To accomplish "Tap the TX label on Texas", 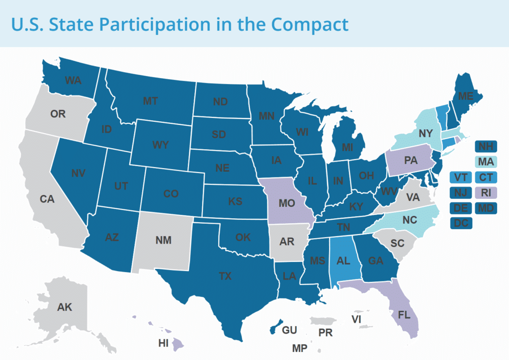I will (225, 276).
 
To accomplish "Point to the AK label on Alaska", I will (65, 307).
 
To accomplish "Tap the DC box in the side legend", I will (461, 223).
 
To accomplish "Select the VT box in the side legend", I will (461, 177).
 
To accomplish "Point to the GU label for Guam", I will (289, 330).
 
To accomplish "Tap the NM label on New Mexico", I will (163, 241).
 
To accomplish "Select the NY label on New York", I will (425, 133).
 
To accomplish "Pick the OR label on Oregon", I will (58, 114).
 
